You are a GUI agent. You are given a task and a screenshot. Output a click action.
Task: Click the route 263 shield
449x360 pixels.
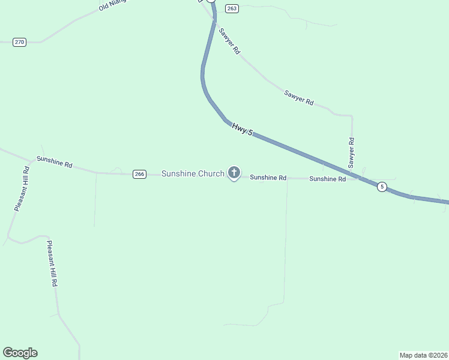[232, 8]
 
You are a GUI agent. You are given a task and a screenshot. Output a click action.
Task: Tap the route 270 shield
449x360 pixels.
[19, 42]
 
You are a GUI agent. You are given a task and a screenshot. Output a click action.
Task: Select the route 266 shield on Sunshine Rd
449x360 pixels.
[139, 174]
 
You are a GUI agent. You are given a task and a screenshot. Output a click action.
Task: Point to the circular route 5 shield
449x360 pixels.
[382, 187]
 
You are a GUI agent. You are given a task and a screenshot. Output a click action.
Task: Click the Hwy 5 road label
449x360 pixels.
[242, 128]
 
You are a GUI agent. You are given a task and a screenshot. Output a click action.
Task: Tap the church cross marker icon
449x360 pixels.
[234, 173]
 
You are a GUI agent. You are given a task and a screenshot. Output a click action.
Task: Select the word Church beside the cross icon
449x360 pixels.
[211, 174]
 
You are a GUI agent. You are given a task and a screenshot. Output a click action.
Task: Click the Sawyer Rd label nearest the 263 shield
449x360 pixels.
[229, 41]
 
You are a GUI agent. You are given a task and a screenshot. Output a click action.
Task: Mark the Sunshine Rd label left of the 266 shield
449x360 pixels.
[54, 162]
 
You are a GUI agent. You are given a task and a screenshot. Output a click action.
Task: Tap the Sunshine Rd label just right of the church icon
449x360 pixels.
[268, 178]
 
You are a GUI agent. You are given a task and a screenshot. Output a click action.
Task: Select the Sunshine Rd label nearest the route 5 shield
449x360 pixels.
[327, 179]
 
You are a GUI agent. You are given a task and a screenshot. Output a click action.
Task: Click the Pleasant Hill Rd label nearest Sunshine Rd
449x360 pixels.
[22, 188]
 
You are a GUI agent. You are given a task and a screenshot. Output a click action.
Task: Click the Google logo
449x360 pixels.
[20, 353]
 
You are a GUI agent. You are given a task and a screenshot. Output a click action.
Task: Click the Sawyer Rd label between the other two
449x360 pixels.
[299, 98]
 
